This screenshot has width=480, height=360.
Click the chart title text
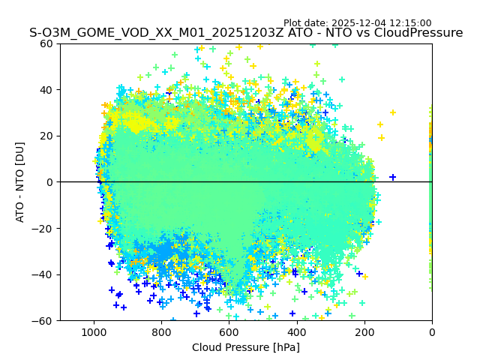click(x=246, y=33)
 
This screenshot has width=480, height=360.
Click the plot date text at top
click(x=357, y=23)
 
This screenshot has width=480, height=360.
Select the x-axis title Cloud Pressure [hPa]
click(x=246, y=347)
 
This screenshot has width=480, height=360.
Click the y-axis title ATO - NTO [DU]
click(x=20, y=182)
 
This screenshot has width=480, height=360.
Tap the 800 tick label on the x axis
click(x=161, y=331)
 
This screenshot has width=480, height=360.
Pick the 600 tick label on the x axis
click(x=229, y=331)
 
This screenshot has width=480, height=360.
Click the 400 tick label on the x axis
click(x=297, y=331)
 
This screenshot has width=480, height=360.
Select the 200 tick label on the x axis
click(x=364, y=331)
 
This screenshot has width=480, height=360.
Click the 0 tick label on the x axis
click(x=432, y=331)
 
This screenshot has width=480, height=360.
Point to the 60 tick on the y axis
click(x=47, y=43)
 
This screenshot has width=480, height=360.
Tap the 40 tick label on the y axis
click(x=47, y=90)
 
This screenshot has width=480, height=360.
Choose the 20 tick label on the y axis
click(x=47, y=136)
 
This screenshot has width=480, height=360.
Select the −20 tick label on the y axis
click(x=44, y=229)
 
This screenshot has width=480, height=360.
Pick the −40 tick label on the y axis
click(x=44, y=274)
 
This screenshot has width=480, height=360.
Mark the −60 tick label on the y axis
click(x=44, y=321)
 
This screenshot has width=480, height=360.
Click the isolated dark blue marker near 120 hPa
click(x=392, y=178)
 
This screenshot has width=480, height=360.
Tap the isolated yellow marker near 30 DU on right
click(x=392, y=112)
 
